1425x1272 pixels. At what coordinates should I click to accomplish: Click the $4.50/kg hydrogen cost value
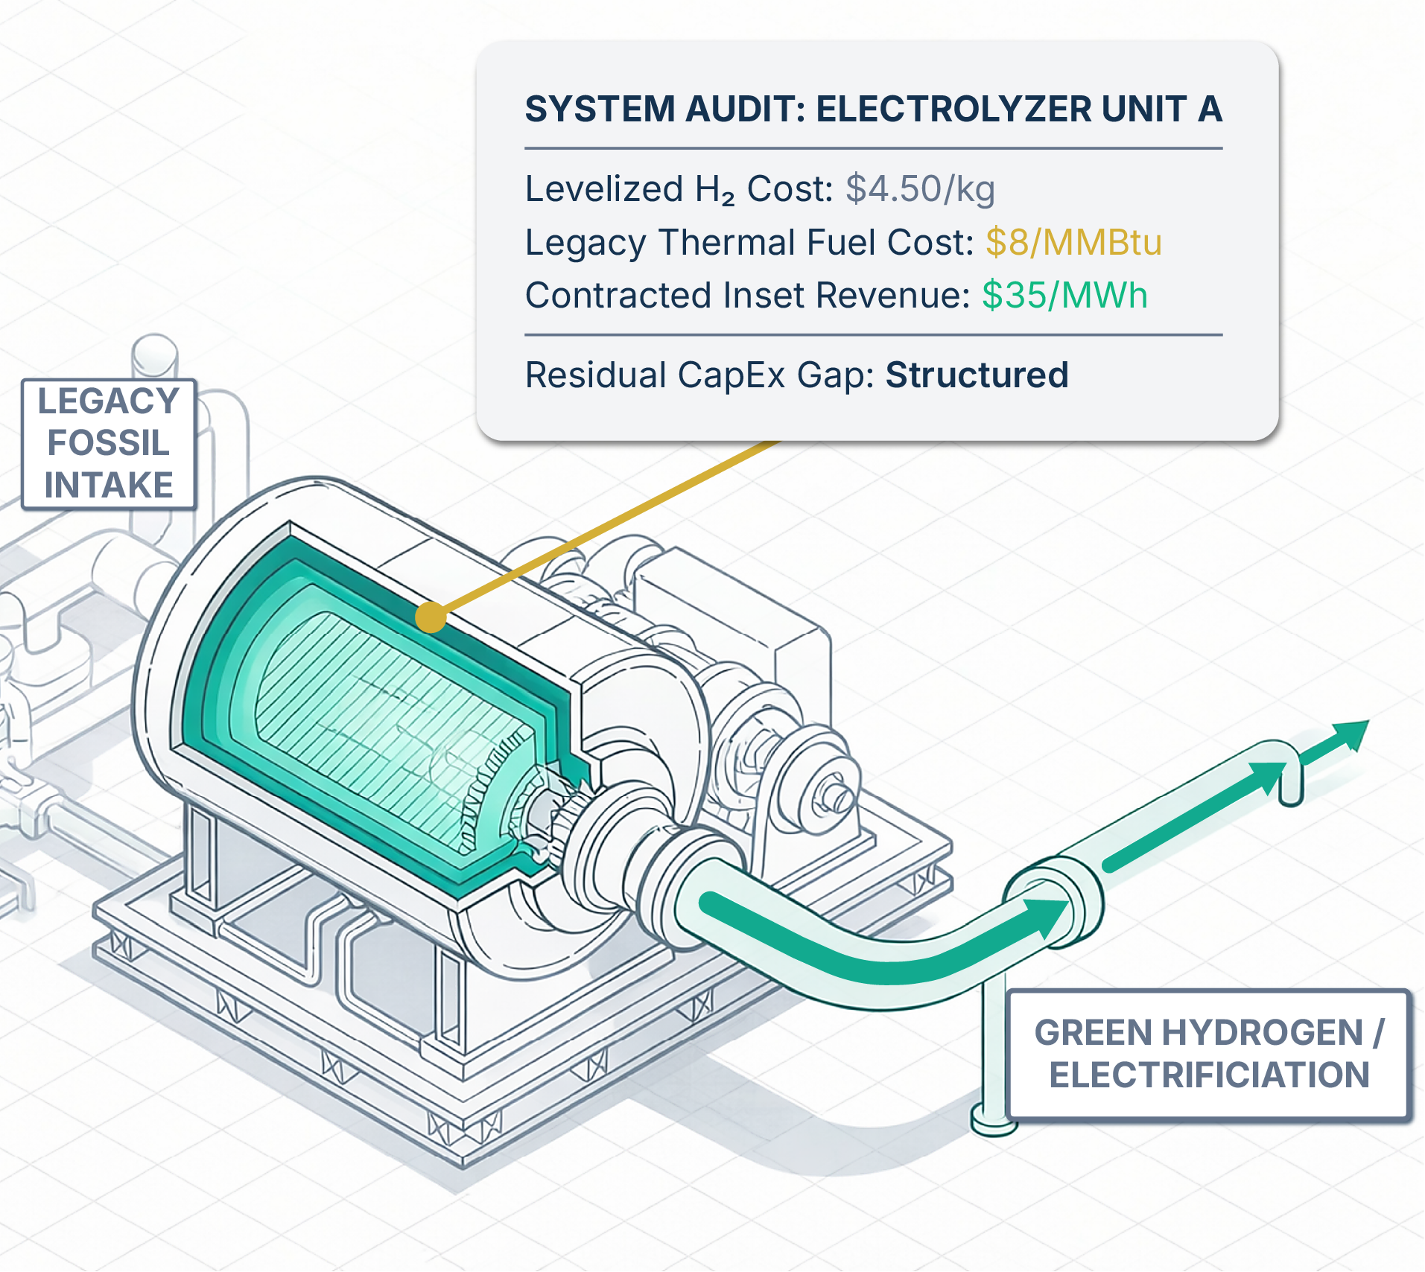pyautogui.click(x=920, y=189)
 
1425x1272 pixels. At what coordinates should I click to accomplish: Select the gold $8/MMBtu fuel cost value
pyautogui.click(x=1073, y=242)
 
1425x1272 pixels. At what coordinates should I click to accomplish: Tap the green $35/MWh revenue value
pyautogui.click(x=1064, y=295)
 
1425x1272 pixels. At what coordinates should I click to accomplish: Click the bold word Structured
pyautogui.click(x=977, y=375)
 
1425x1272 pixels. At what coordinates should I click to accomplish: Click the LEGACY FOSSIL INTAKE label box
pyautogui.click(x=109, y=444)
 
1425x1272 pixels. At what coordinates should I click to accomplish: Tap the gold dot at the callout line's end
pyautogui.click(x=431, y=617)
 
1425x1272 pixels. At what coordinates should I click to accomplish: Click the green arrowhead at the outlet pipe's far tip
pyautogui.click(x=1351, y=734)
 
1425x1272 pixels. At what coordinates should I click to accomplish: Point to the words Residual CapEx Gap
pyautogui.click(x=699, y=375)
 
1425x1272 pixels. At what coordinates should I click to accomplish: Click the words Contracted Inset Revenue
pyautogui.click(x=748, y=295)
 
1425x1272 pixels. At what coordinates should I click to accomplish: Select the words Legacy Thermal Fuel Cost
pyautogui.click(x=749, y=242)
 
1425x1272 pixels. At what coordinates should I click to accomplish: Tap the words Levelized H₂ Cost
pyautogui.click(x=679, y=189)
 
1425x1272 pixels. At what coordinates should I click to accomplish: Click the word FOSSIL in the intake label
pyautogui.click(x=109, y=443)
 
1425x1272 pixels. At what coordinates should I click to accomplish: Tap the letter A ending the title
pyautogui.click(x=1210, y=109)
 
